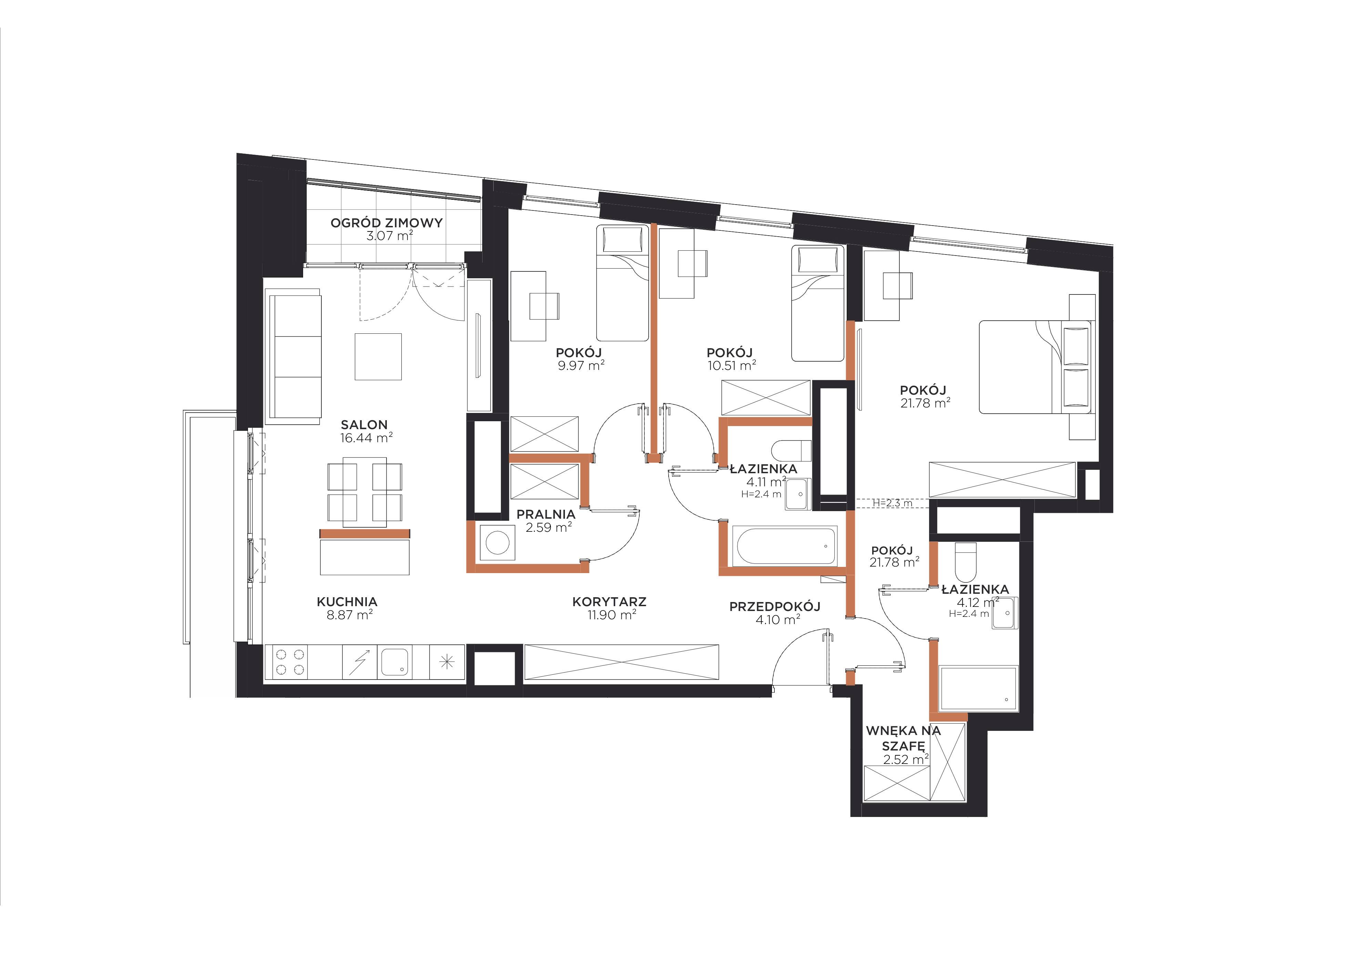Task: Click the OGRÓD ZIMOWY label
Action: click(386, 223)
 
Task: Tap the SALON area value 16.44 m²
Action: click(366, 438)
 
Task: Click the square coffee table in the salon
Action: click(378, 356)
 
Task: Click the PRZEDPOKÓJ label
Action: click(775, 607)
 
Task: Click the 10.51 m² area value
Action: click(731, 365)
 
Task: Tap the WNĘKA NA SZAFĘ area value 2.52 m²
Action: click(906, 759)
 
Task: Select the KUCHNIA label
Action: click(347, 602)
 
